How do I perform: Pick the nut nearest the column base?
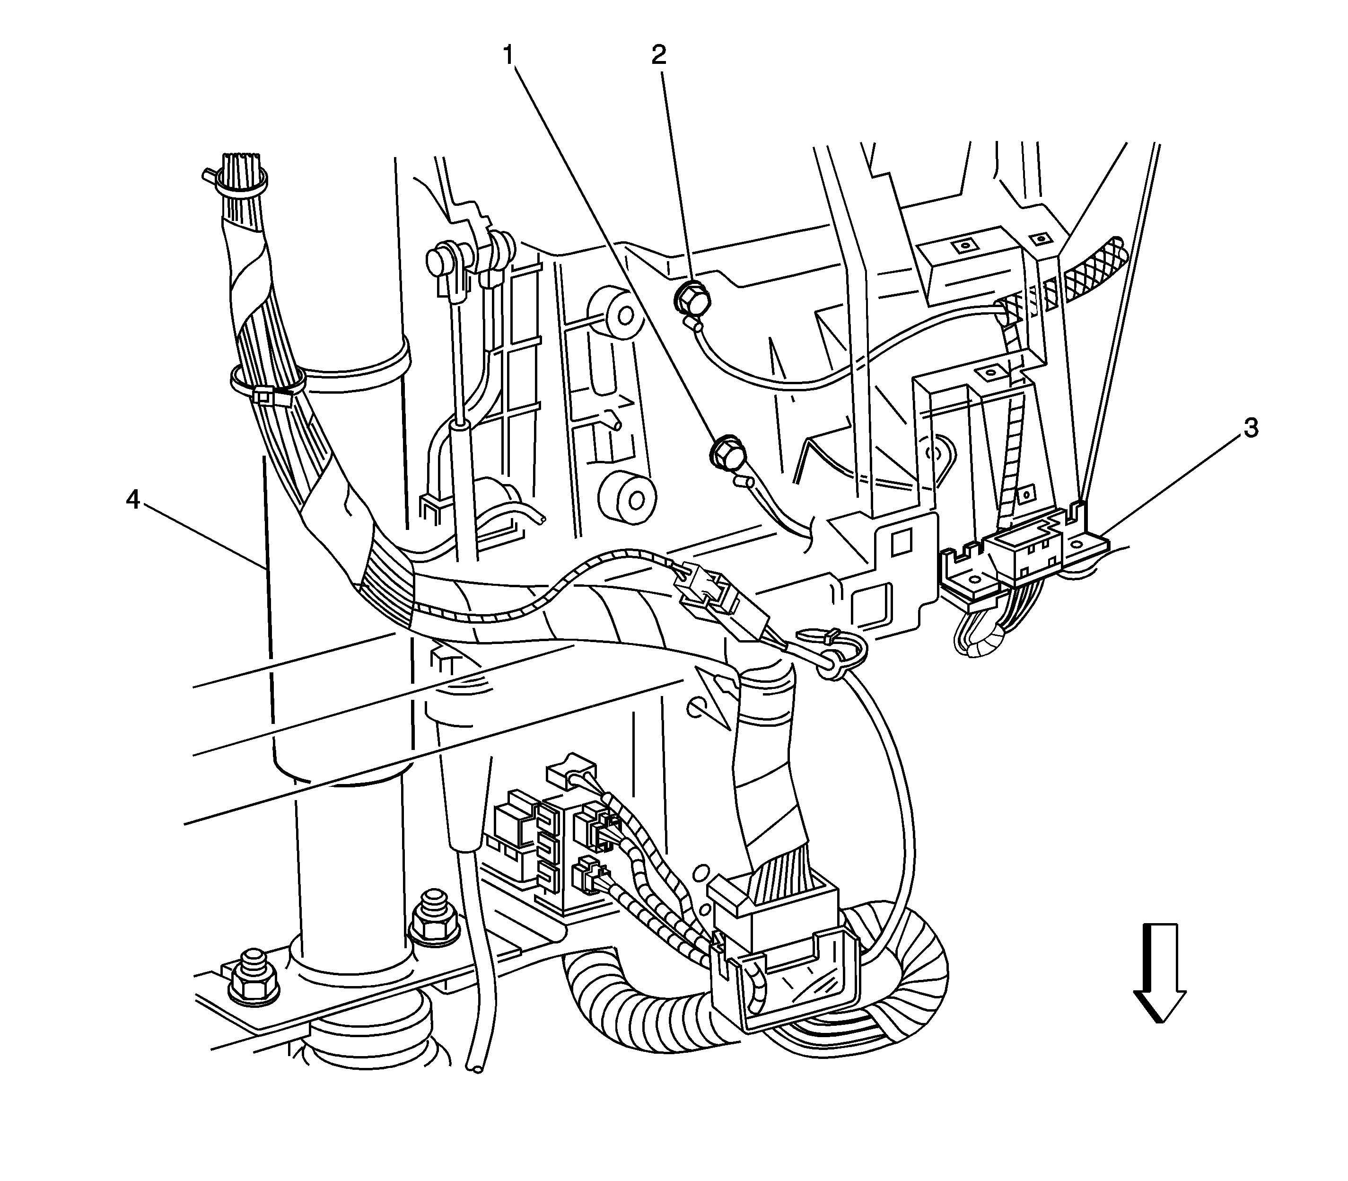[434, 919]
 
